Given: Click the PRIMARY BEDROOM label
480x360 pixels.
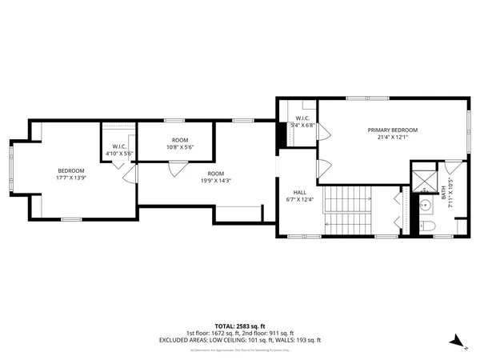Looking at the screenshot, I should (x=392, y=130).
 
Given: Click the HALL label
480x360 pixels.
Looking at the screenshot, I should (x=299, y=192).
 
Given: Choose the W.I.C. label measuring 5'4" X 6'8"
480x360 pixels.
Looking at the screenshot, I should (x=302, y=124).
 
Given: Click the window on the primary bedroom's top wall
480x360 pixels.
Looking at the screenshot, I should (x=368, y=98).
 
